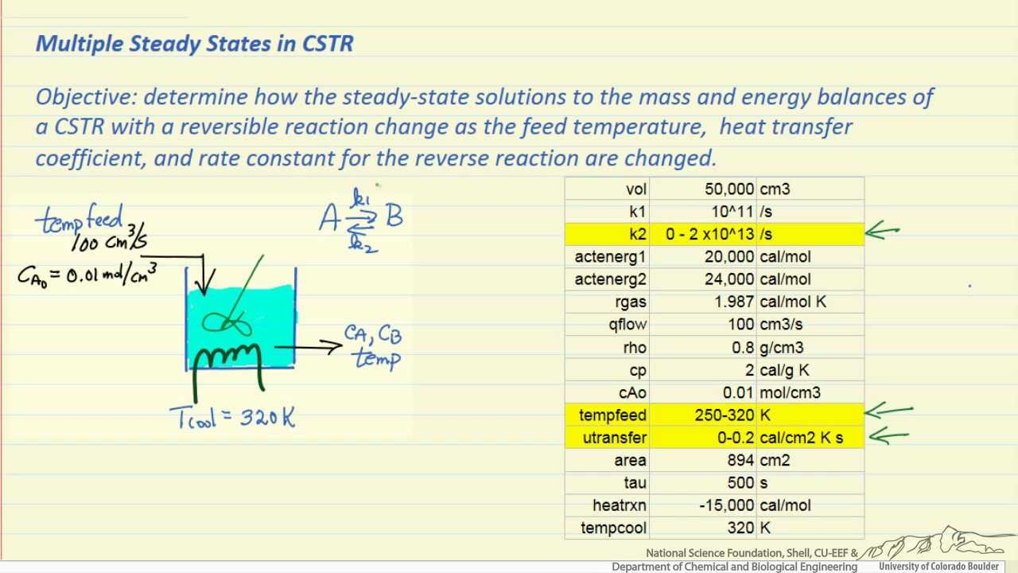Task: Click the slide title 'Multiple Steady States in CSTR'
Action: click(x=194, y=43)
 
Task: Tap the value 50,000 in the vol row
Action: click(x=729, y=189)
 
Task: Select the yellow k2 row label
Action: click(x=638, y=234)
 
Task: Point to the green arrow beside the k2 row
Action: click(x=883, y=232)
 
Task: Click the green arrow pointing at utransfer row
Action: click(x=889, y=435)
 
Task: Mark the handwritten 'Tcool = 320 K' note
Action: click(x=232, y=417)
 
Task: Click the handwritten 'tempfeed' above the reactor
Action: click(x=80, y=219)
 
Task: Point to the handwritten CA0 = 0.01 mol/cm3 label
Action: click(x=87, y=275)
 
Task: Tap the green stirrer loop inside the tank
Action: click(x=227, y=322)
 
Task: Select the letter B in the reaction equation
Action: click(x=394, y=216)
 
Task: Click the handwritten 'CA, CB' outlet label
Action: click(x=373, y=333)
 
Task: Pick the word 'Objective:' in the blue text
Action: click(x=86, y=97)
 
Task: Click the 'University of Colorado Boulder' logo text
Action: click(x=938, y=567)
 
